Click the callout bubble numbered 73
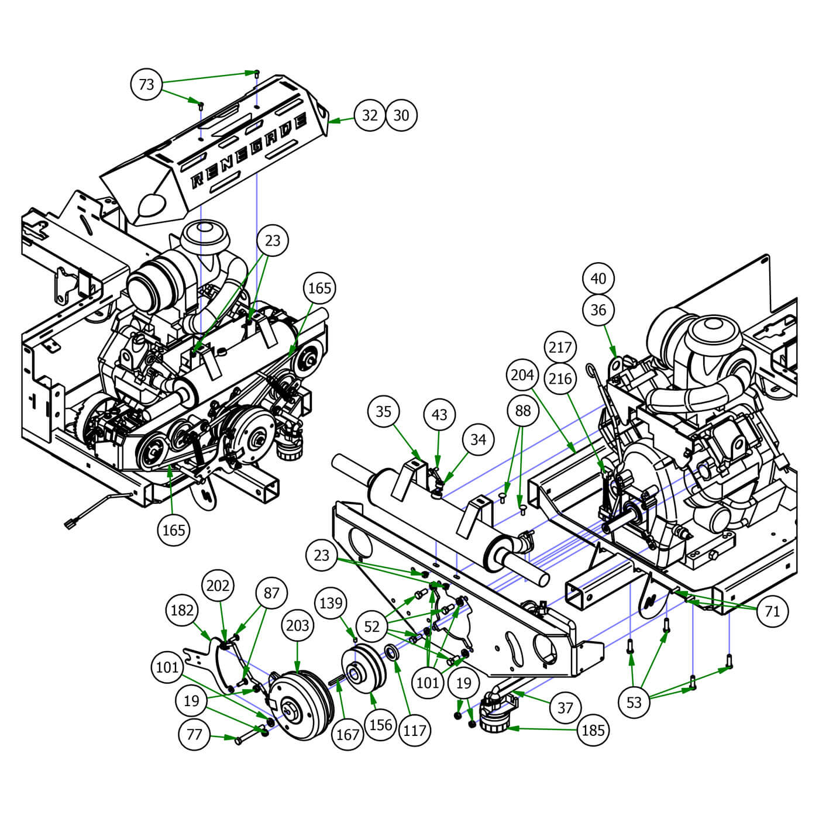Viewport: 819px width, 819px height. pos(146,84)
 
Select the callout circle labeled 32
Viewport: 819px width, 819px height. pos(370,115)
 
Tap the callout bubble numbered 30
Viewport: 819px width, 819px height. pos(401,115)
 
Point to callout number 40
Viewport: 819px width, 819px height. pos(598,278)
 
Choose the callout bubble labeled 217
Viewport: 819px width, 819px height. pos(560,347)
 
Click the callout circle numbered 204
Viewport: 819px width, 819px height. pos(522,375)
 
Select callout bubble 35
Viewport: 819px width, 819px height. pos(383,411)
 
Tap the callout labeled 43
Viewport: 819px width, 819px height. pos(439,415)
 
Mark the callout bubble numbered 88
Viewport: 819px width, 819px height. pos(522,411)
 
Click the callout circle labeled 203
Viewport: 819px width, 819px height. pos(297,625)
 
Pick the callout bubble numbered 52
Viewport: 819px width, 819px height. pos(372,627)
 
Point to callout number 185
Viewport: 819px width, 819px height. pos(593,730)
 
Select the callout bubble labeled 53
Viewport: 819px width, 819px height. pos(634,702)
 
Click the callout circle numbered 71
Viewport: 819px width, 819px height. pos(772,611)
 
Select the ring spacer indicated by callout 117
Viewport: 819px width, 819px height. pos(393,652)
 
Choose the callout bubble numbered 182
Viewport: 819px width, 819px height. pos(182,610)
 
